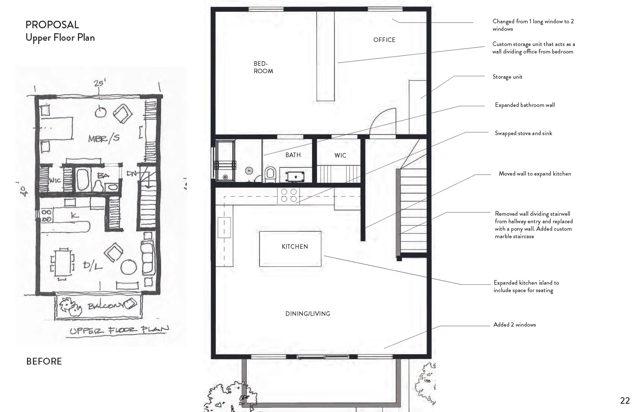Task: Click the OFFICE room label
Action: pyautogui.click(x=384, y=40)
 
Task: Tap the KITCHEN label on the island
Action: pyautogui.click(x=295, y=246)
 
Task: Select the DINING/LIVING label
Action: pyautogui.click(x=308, y=313)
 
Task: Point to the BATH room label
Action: pyautogui.click(x=293, y=155)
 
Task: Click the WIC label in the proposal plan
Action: pyautogui.click(x=340, y=155)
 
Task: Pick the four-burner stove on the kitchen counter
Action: pyautogui.click(x=288, y=195)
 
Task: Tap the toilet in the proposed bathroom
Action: pyautogui.click(x=270, y=174)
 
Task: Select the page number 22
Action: pyautogui.click(x=625, y=401)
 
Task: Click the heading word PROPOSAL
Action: pyautogui.click(x=52, y=25)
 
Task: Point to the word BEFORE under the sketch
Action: pyautogui.click(x=44, y=361)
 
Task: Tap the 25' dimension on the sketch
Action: pyautogui.click(x=99, y=83)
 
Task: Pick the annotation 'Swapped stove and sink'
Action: pyautogui.click(x=523, y=133)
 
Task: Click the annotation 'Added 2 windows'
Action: pyautogui.click(x=514, y=324)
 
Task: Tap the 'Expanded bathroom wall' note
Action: pyautogui.click(x=525, y=105)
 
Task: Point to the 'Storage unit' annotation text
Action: pyautogui.click(x=507, y=77)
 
